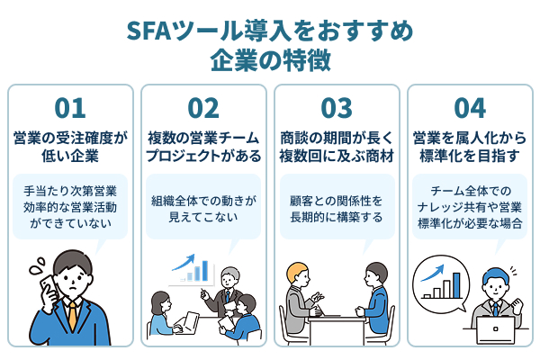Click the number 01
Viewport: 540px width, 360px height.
pos(69,108)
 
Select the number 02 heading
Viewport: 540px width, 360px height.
pos(203,108)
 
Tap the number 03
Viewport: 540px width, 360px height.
pos(336,108)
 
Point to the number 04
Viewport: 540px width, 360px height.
pos(470,108)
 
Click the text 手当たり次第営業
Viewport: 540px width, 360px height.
pos(69,191)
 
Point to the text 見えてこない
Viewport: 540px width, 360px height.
pos(203,219)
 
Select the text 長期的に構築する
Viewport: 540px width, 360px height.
pos(336,219)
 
